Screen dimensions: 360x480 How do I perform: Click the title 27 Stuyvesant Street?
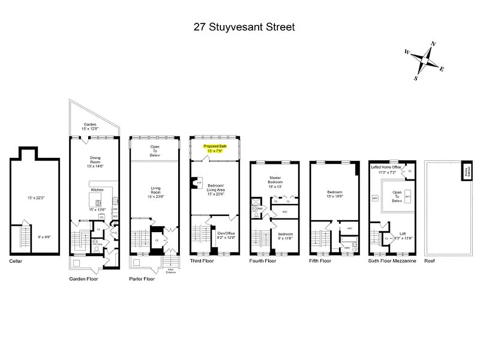click(x=244, y=27)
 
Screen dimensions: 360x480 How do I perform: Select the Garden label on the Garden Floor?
click(x=90, y=125)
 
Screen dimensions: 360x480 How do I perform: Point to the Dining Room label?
click(x=95, y=160)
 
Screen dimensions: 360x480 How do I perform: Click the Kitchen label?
click(x=97, y=190)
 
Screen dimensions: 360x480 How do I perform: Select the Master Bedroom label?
click(x=275, y=180)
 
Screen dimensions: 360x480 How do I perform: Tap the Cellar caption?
click(x=15, y=261)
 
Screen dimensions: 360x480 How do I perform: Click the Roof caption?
click(x=430, y=261)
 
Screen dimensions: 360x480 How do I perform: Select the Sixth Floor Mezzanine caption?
click(x=392, y=261)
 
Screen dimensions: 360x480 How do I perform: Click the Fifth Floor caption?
click(x=320, y=261)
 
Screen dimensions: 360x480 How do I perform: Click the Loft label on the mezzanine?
click(x=403, y=234)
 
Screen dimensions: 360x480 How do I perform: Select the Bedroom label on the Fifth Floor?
click(x=335, y=192)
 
